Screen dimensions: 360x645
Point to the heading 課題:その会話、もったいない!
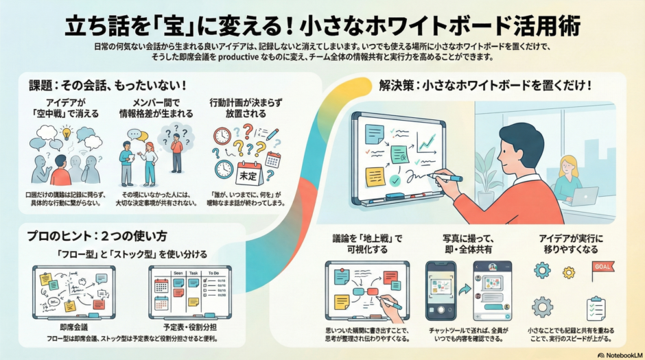click(x=108, y=88)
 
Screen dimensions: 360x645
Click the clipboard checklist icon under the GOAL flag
click(x=596, y=309)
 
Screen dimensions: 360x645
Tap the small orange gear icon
click(x=568, y=272)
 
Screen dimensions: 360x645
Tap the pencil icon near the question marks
click(x=272, y=134)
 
